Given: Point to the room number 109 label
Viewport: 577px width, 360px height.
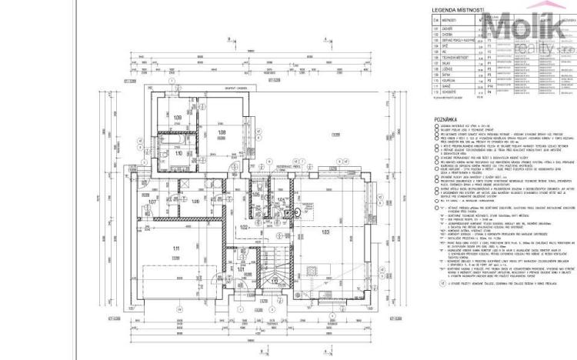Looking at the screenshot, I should (178, 118).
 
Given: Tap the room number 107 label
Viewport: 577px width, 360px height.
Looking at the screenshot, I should (152, 203).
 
